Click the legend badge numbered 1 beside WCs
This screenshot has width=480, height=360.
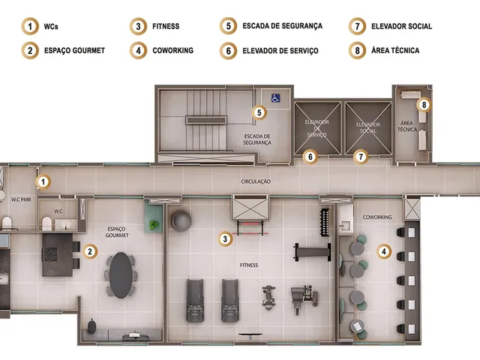click(x=30, y=26)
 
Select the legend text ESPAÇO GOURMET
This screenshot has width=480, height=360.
click(x=74, y=50)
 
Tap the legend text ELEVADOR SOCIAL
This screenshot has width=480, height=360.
click(x=402, y=26)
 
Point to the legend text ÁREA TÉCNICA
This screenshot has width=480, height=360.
click(x=395, y=50)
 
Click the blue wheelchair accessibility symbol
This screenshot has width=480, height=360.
click(x=275, y=98)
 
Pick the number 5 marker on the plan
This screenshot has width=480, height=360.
click(x=259, y=112)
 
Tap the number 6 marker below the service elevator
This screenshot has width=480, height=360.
click(x=310, y=157)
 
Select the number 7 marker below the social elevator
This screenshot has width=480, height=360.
click(x=361, y=157)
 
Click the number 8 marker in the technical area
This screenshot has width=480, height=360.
click(x=424, y=105)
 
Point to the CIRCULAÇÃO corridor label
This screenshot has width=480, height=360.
click(x=256, y=181)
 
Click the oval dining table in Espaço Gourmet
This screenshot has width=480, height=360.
click(x=121, y=275)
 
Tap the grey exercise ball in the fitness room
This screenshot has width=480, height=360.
click(x=181, y=220)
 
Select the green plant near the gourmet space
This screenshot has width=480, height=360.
click(x=154, y=225)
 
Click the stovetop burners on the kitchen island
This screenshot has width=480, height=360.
click(x=51, y=254)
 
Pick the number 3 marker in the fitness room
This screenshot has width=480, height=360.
click(x=225, y=238)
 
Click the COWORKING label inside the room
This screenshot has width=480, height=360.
click(x=377, y=217)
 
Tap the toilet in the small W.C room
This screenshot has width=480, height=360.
click(x=46, y=223)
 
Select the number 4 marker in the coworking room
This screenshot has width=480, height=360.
click(x=384, y=252)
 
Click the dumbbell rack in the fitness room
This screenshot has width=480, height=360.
click(x=324, y=223)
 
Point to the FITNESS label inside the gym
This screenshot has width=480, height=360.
click(x=249, y=265)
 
